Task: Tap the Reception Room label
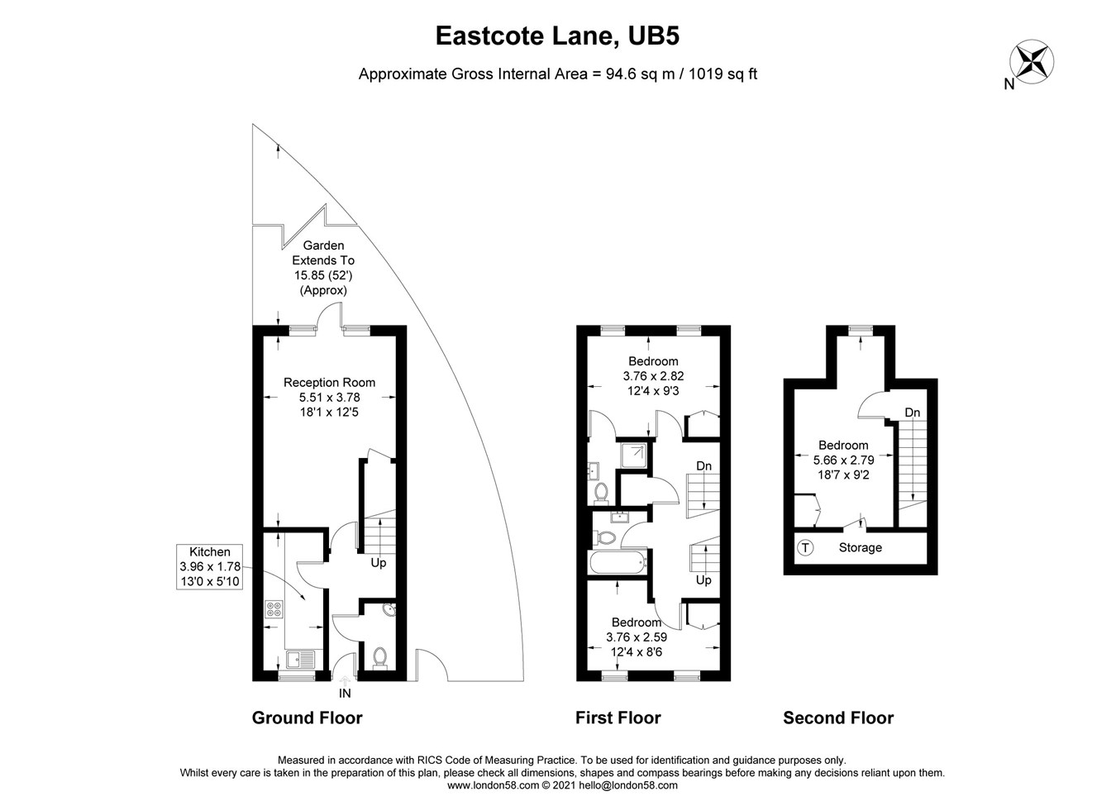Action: [x=329, y=383]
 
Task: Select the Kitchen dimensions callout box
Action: [x=210, y=567]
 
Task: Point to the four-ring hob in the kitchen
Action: [x=274, y=610]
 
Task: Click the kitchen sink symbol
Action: [x=299, y=660]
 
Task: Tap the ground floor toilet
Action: [x=379, y=656]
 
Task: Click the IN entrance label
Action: [x=345, y=694]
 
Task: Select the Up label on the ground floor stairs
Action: [x=378, y=563]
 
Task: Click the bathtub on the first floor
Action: [x=619, y=564]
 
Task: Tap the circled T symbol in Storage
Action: [x=805, y=547]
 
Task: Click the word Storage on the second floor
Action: [x=860, y=547]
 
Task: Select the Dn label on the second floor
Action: [x=912, y=413]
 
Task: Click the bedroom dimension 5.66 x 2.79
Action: [x=843, y=460]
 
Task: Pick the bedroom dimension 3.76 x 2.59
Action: [x=637, y=637]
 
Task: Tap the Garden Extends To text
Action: [x=323, y=253]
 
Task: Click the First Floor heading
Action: [x=618, y=718]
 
